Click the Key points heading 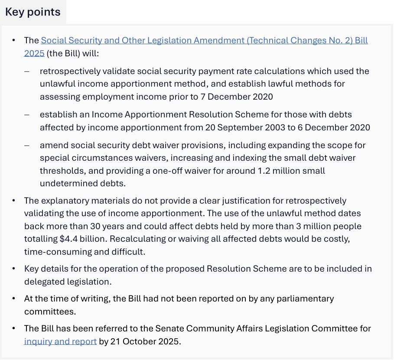33,12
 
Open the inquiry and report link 60,341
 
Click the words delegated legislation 67,282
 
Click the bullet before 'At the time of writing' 14,298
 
